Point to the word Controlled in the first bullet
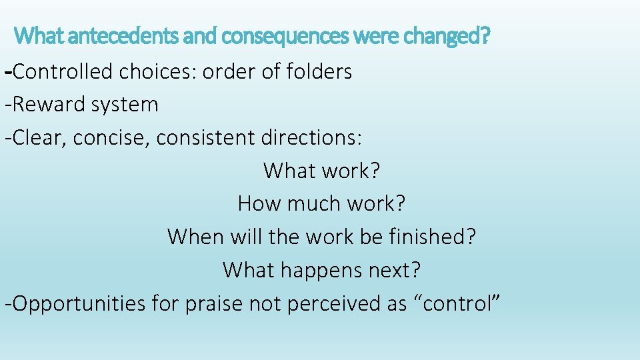pos(63,71)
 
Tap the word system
pos(125,105)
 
